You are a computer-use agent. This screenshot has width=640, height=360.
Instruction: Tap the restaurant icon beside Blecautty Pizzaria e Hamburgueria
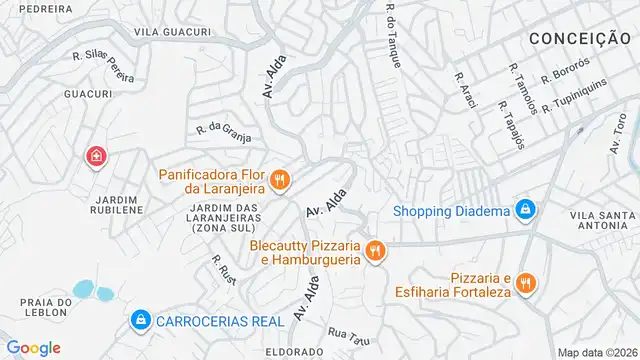coord(375,250)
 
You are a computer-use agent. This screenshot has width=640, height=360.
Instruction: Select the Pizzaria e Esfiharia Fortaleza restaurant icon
coord(527,286)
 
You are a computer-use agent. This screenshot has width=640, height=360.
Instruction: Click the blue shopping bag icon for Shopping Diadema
coord(524,210)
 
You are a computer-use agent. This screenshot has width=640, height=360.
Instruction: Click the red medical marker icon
coord(96,157)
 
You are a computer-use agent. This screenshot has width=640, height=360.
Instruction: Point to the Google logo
coord(33,348)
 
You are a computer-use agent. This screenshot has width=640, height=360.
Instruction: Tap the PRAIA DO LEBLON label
coord(35,308)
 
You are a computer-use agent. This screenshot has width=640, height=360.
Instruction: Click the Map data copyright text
coord(597,352)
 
